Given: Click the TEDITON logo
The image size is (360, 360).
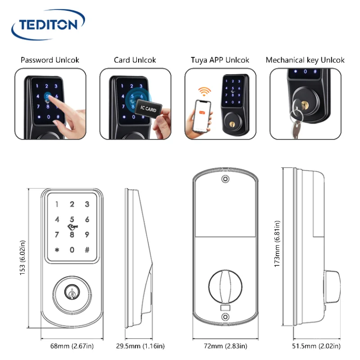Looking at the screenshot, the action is coord(48,24).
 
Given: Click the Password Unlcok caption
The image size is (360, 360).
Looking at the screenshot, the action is coord(50,60).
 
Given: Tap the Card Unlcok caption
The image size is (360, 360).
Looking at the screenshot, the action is coord(135,60).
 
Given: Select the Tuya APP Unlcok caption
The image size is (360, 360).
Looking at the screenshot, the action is coord(220,60).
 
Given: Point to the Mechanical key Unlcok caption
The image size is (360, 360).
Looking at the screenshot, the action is coord(305,60).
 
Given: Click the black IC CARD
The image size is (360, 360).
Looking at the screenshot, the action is coord(148,108).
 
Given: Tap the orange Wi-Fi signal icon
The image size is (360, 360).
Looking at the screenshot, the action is coord(204,91).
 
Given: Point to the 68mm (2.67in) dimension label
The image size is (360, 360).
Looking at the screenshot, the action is coord(72,346).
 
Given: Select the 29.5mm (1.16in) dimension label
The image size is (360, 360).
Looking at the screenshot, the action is coord(140,346).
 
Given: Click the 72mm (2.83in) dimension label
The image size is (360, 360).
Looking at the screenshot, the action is coord(225,346).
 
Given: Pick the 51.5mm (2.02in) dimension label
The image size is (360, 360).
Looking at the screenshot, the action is coord(316,346).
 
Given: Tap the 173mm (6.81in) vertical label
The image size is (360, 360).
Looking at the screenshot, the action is coord(277,244).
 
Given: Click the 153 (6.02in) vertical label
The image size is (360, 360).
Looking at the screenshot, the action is coord(22,257).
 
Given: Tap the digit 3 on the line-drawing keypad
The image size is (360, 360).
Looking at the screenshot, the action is coord(87,204).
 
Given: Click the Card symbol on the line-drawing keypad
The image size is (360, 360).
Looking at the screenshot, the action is coord(72,227).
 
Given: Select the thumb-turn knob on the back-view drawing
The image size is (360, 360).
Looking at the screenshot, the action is coord(225,287).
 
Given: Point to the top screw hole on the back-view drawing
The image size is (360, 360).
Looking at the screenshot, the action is coord(225,179).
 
